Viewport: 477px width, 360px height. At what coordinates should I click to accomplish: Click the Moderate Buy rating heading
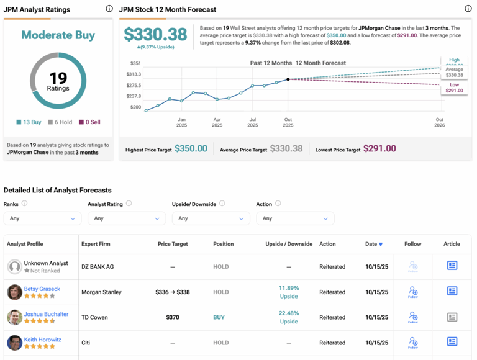pyautogui.click(x=58, y=35)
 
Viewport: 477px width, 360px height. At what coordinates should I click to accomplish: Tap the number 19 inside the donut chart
pyautogui.click(x=58, y=78)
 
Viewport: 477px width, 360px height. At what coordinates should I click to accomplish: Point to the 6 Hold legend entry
pyautogui.click(x=61, y=122)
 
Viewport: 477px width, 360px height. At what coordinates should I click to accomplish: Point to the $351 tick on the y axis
pyautogui.click(x=135, y=63)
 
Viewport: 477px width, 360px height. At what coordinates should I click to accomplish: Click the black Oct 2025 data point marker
pyautogui.click(x=288, y=79)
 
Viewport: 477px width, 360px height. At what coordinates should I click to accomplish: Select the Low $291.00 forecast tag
pyautogui.click(x=454, y=87)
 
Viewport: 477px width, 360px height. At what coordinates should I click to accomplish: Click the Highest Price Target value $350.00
pyautogui.click(x=191, y=149)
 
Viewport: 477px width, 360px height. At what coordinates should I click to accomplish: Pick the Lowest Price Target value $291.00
pyautogui.click(x=381, y=149)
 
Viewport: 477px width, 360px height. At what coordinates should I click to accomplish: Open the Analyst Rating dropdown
pyautogui.click(x=126, y=218)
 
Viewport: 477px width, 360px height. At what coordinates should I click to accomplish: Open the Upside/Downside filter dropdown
pyautogui.click(x=210, y=218)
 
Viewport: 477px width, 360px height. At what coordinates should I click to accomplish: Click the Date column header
pyautogui.click(x=373, y=244)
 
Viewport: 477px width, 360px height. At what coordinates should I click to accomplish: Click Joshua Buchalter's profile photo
pyautogui.click(x=15, y=317)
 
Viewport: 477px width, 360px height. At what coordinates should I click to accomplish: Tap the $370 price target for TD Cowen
pyautogui.click(x=173, y=317)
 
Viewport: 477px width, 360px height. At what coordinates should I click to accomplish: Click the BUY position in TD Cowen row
pyautogui.click(x=219, y=317)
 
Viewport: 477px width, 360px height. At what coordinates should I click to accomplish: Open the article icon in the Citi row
pyautogui.click(x=452, y=342)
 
